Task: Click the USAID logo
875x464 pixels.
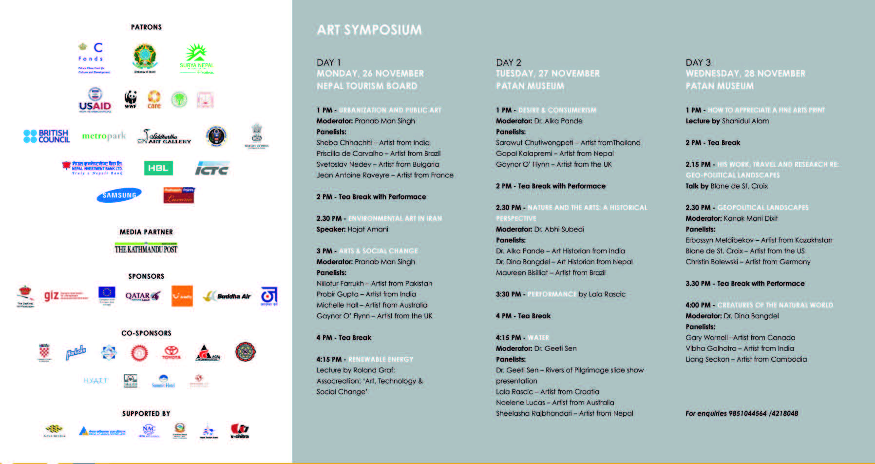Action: (x=95, y=100)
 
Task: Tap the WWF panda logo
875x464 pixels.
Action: (x=131, y=99)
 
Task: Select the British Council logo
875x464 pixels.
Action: (x=47, y=136)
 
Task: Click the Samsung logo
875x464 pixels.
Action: (x=119, y=195)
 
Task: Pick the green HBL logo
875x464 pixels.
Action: (x=158, y=168)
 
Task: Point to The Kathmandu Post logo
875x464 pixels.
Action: (x=146, y=249)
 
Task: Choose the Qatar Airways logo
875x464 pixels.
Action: (x=142, y=296)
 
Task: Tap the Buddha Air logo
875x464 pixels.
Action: (x=227, y=296)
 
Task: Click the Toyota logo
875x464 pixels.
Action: (x=171, y=352)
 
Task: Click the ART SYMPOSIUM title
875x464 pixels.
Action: (x=369, y=30)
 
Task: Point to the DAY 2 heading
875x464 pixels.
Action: (x=509, y=62)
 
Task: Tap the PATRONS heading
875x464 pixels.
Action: (x=146, y=27)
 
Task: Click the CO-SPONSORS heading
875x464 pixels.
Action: (x=146, y=333)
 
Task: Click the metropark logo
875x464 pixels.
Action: (x=104, y=136)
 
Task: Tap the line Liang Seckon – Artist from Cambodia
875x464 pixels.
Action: (x=746, y=359)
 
